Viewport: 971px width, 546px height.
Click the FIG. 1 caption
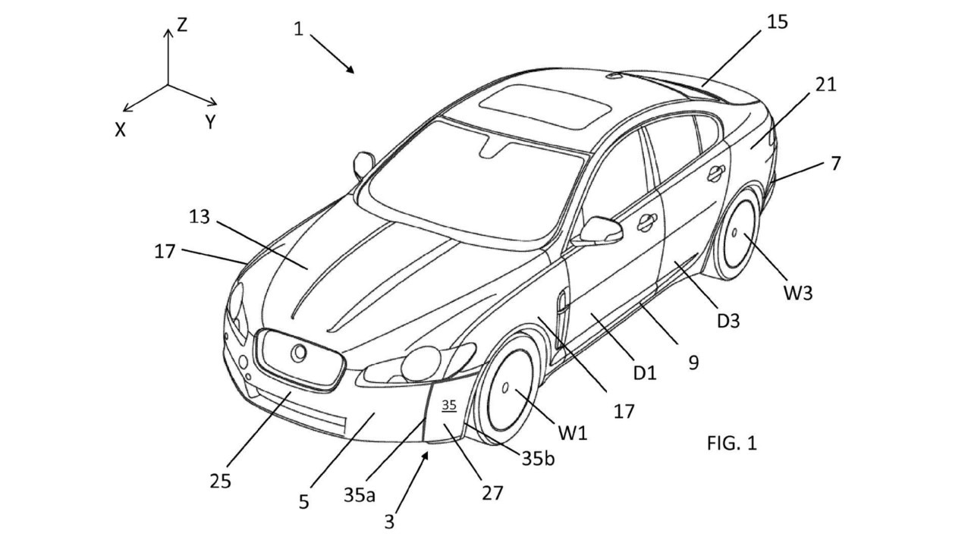coord(731,443)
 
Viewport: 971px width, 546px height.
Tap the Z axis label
coord(182,26)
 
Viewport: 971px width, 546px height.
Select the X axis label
coord(121,130)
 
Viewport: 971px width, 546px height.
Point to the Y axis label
coord(210,121)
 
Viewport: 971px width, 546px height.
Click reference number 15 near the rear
coord(778,22)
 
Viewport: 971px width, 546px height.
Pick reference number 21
coord(826,85)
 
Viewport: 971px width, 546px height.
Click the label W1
coord(573,433)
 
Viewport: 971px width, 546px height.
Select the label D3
coord(727,321)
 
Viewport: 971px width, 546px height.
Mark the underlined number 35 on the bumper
coord(448,406)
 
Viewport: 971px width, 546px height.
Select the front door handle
coord(647,222)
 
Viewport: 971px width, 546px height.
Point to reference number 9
coord(693,363)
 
